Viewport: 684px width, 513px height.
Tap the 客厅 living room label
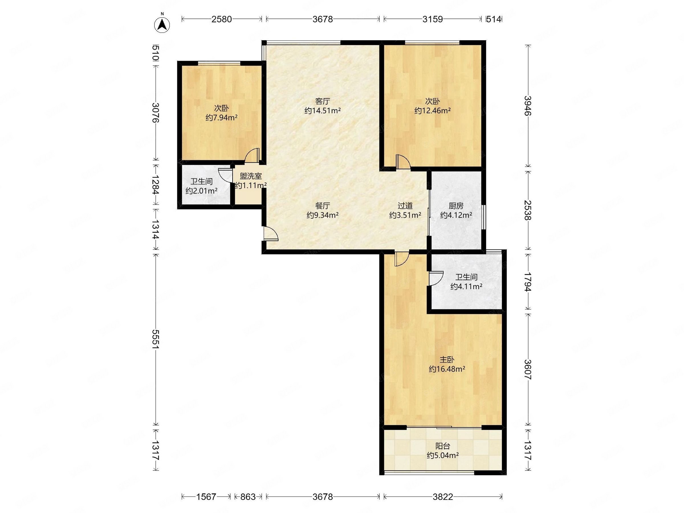[x=323, y=101]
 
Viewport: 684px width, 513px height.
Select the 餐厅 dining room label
[x=323, y=206]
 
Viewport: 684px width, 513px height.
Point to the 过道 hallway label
[x=405, y=206]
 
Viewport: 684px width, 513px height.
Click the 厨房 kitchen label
[x=456, y=206]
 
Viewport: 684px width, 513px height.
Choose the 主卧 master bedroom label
[x=447, y=360]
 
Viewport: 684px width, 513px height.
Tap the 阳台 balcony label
[x=443, y=446]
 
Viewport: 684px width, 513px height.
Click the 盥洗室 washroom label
[x=251, y=176]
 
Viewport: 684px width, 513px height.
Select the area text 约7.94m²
[x=221, y=117]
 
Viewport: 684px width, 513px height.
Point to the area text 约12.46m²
[x=432, y=110]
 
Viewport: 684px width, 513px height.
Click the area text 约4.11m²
[x=466, y=286]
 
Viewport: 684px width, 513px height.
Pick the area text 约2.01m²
[x=201, y=191]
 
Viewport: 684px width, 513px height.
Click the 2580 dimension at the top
[x=221, y=19]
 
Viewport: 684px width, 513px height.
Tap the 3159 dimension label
[x=433, y=19]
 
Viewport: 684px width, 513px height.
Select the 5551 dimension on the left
[x=156, y=339]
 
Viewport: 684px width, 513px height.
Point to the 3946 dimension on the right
[x=528, y=106]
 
